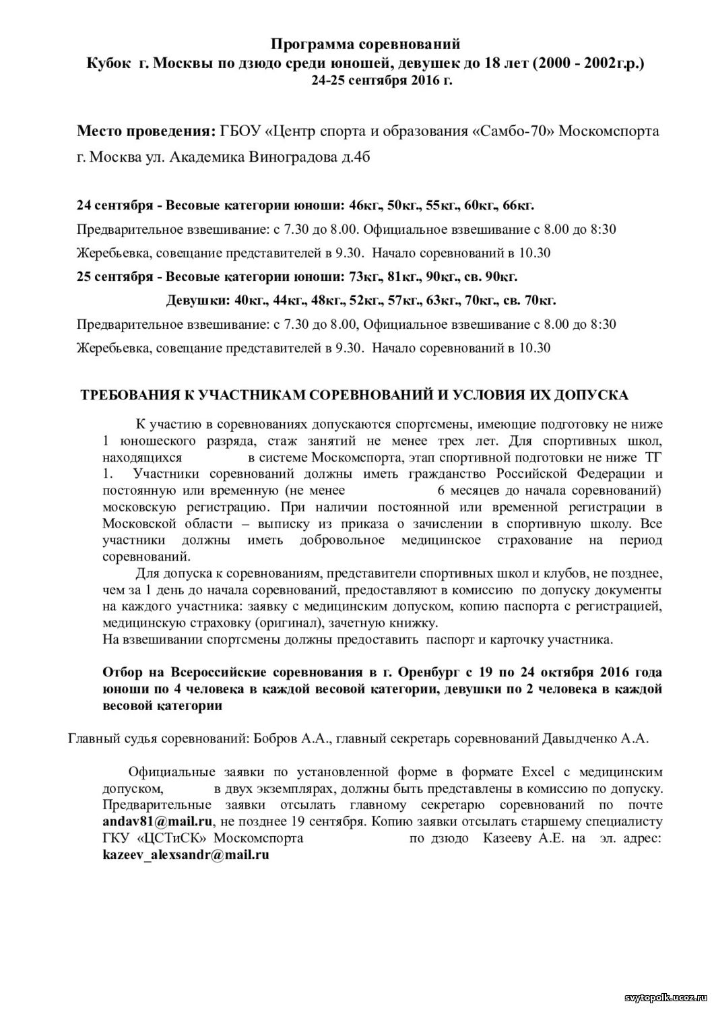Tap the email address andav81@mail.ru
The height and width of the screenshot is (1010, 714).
tap(158, 821)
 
